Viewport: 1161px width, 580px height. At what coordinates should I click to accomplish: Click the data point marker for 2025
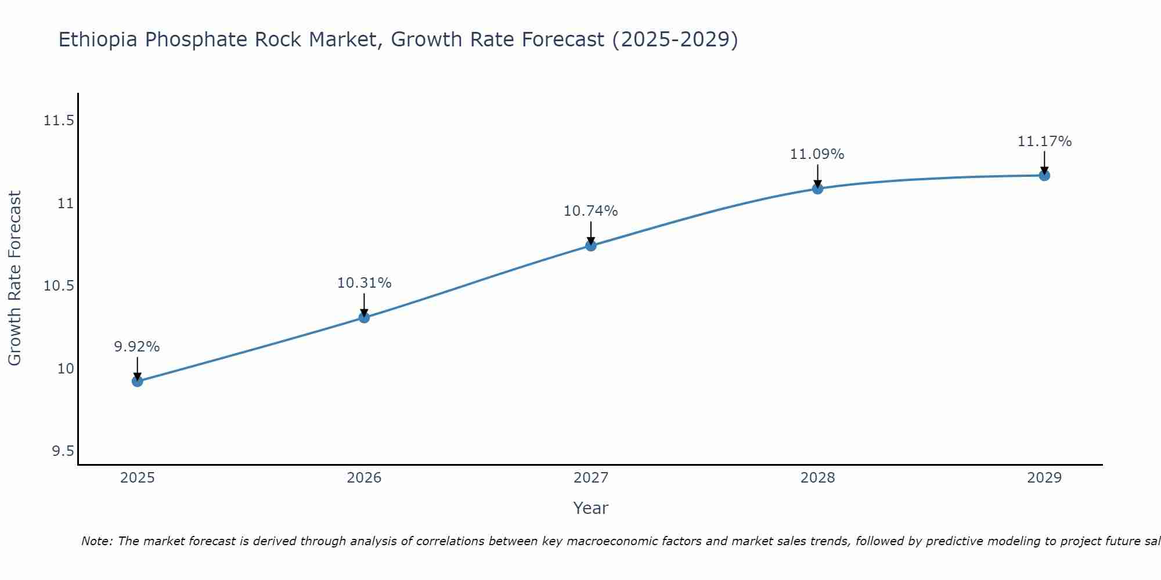point(138,381)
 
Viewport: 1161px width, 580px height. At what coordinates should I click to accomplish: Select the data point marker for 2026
point(364,317)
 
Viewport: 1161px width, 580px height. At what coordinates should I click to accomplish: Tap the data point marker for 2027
point(591,245)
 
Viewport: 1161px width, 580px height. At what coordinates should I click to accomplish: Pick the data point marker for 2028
point(817,188)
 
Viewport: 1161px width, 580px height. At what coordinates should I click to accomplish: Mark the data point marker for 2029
point(1044,175)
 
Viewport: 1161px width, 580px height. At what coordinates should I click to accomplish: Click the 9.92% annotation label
point(137,347)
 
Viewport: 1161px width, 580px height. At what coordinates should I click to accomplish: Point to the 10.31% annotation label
point(364,283)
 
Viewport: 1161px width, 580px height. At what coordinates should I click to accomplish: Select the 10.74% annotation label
point(591,211)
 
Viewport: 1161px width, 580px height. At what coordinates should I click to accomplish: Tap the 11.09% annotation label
point(817,154)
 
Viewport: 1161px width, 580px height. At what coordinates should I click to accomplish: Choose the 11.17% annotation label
point(1044,142)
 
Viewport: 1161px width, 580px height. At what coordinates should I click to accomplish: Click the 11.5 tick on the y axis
point(59,121)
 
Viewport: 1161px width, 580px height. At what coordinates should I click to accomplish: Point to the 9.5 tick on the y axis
point(63,451)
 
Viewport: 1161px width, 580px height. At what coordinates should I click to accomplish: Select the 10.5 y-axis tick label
point(59,286)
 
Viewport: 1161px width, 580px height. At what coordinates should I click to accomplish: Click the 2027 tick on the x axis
point(591,478)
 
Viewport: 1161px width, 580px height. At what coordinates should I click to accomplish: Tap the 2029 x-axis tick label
point(1044,478)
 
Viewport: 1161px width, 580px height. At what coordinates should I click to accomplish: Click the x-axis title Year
point(591,508)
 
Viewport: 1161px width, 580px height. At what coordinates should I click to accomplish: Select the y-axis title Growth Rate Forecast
point(15,278)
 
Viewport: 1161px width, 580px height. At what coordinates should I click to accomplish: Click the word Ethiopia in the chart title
point(98,40)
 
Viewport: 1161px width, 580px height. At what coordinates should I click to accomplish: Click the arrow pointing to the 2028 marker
point(817,175)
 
